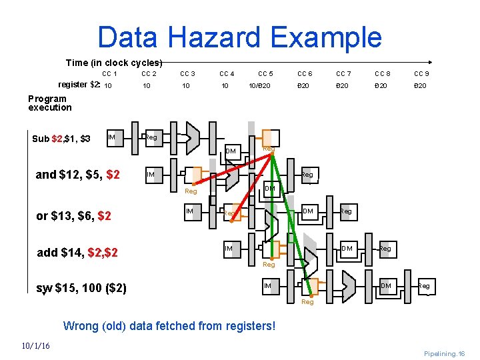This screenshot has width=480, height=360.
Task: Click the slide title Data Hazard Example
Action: pyautogui.click(x=239, y=37)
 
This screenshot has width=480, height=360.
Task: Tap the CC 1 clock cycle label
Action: pyautogui.click(x=109, y=74)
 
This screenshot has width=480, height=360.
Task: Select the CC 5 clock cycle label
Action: pyautogui.click(x=265, y=74)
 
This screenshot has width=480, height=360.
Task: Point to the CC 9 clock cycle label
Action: pyautogui.click(x=421, y=74)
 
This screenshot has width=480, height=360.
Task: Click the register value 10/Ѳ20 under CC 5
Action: pyautogui.click(x=259, y=86)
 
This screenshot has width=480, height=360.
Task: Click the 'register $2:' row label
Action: pyautogui.click(x=79, y=85)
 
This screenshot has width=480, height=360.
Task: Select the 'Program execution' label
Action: pyautogui.click(x=49, y=103)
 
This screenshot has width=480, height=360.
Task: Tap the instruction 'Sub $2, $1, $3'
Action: pyautogui.click(x=61, y=139)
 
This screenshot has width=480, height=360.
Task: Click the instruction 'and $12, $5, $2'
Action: pyautogui.click(x=77, y=175)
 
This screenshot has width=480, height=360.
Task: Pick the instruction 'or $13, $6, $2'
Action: pyautogui.click(x=73, y=216)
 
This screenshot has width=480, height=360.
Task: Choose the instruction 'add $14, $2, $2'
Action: pyautogui.click(x=77, y=253)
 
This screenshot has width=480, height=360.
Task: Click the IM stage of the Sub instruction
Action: pyautogui.click(x=112, y=137)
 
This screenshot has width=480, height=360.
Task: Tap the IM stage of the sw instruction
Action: pyautogui.click(x=267, y=285)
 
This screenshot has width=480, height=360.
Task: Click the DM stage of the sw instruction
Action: pyautogui.click(x=385, y=285)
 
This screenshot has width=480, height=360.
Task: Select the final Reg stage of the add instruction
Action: pyautogui.click(x=385, y=249)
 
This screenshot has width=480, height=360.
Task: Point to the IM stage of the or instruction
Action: pyautogui.click(x=190, y=211)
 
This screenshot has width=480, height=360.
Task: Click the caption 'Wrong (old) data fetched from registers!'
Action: pyautogui.click(x=169, y=326)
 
